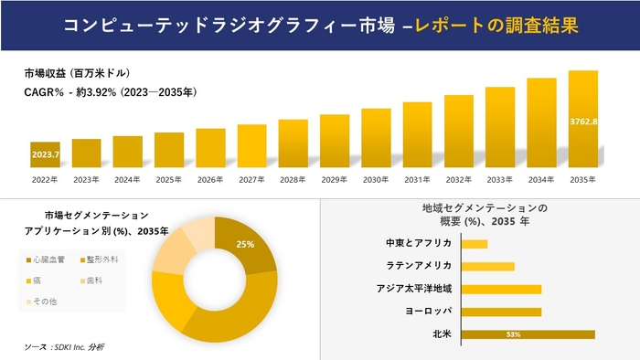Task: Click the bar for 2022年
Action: coord(45,155)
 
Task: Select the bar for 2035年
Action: coord(582,120)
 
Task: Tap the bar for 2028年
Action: coord(293,143)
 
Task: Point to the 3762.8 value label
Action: coord(583,122)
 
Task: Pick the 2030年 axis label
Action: coord(376,179)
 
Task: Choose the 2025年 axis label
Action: coord(169,179)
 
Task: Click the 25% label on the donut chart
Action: coord(245,245)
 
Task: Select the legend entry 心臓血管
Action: coord(51,259)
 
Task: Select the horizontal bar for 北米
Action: coord(528,334)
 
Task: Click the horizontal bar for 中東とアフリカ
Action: coord(475,244)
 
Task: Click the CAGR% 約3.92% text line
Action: coord(111,92)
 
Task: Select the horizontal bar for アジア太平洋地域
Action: coord(502,289)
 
